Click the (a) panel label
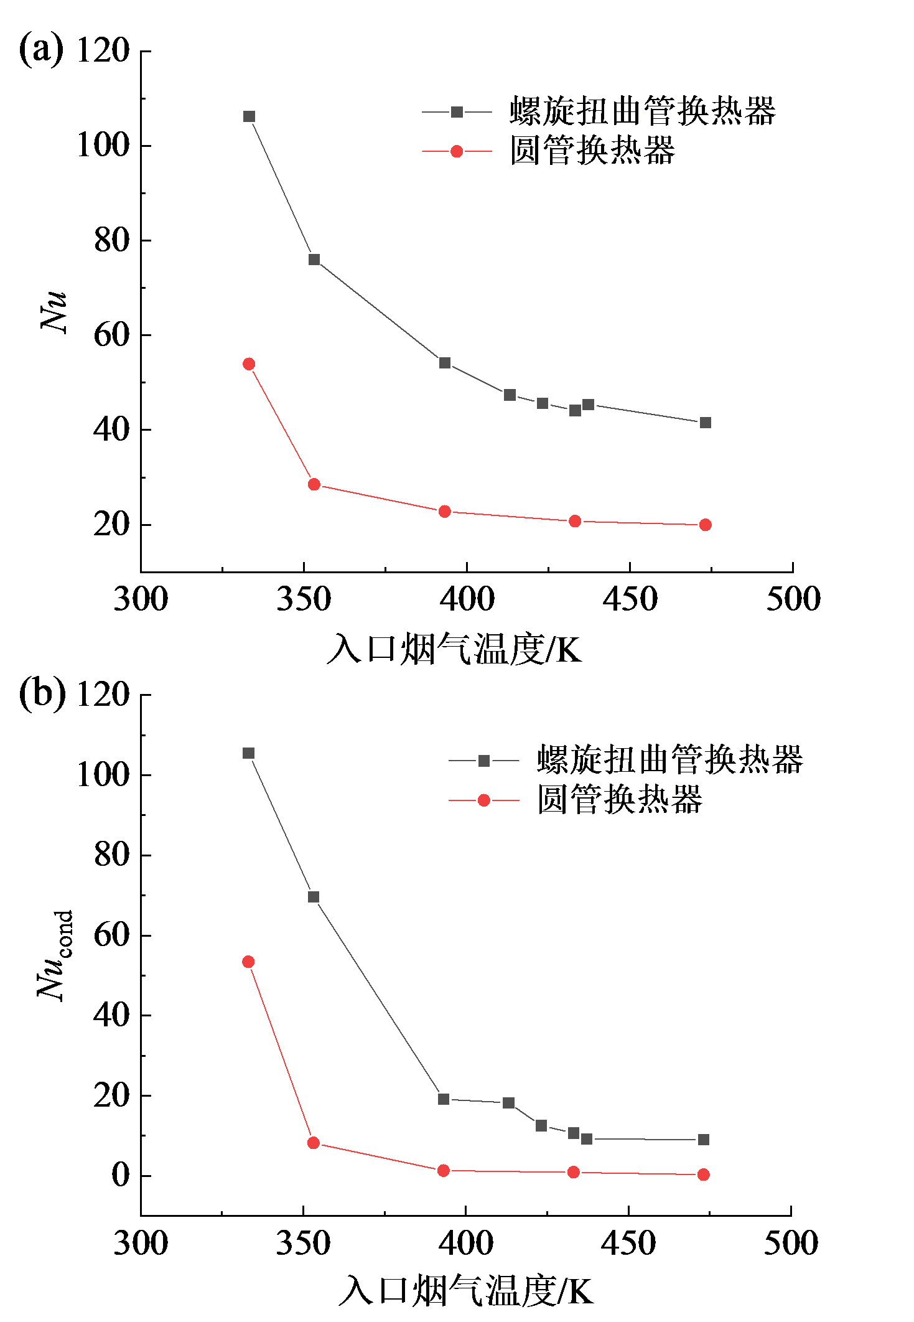coord(41,50)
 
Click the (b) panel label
coord(42,693)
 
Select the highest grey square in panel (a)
coord(249,116)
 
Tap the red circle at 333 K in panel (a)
coord(249,364)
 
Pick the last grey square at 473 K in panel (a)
coord(705,423)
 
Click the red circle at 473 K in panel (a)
coord(705,525)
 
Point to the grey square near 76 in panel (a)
coord(314,260)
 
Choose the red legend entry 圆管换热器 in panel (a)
coord(592,151)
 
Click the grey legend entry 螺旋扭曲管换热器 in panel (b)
coord(669,760)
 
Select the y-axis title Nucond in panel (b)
coord(55,955)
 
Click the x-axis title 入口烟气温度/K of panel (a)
coord(454,649)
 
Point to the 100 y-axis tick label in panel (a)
coord(103,145)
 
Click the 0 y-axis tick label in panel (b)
coord(120,1175)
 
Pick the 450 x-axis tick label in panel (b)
coord(628,1244)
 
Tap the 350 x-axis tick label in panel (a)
coord(304,599)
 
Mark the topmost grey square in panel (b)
coord(248,753)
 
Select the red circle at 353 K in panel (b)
coord(314,1143)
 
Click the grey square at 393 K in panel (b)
coord(444,1099)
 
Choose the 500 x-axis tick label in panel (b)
coord(791,1244)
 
